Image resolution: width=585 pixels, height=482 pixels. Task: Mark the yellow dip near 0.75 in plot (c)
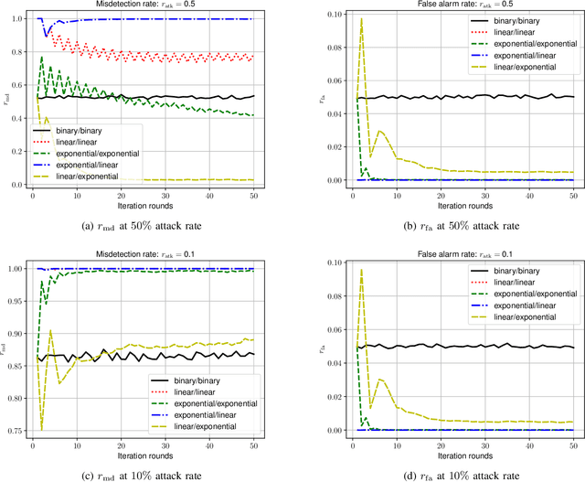click(x=41, y=428)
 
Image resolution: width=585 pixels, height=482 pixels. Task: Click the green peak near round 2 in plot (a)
click(x=41, y=58)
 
